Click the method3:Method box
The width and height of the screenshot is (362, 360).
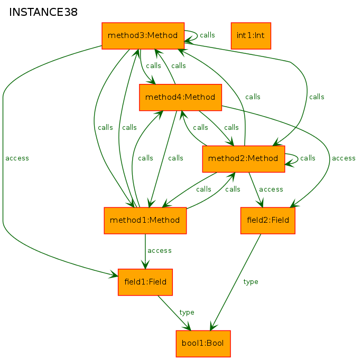[x=143, y=36]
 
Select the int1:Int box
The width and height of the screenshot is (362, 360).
[x=250, y=36]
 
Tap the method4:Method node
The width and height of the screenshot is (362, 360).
[x=180, y=97]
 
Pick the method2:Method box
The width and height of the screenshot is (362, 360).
[x=243, y=159]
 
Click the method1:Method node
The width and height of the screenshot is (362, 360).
[x=145, y=221]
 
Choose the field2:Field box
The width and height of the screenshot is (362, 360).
[x=268, y=221]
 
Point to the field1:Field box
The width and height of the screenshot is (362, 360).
[x=145, y=282]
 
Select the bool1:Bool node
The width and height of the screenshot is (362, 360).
[x=203, y=344]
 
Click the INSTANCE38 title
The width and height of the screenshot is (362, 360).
[x=43, y=12]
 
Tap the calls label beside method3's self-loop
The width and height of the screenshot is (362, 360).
[x=207, y=35]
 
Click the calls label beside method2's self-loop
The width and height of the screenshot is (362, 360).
[x=308, y=158]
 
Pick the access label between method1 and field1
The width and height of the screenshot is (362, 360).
[x=160, y=251]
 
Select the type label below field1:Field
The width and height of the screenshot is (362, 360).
[x=187, y=312]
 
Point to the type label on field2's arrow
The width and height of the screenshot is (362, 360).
[x=250, y=282]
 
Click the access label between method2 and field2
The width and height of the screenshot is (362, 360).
[x=271, y=190]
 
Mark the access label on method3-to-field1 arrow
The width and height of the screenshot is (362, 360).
[x=17, y=158]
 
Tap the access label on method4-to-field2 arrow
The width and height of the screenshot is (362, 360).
[x=344, y=158]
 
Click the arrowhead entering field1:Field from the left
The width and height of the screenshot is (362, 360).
[x=114, y=274]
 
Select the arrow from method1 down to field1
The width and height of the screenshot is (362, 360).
[x=145, y=251]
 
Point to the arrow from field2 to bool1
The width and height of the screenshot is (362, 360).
[x=236, y=282]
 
